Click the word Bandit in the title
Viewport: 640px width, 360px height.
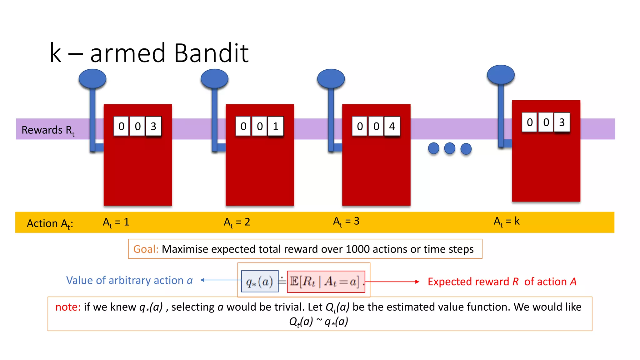pos(211,53)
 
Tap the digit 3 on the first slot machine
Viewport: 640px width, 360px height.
pos(153,126)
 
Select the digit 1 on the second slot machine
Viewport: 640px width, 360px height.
pos(275,126)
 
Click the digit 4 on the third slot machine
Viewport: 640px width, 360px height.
pos(392,126)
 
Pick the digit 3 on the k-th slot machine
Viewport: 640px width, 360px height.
pos(562,122)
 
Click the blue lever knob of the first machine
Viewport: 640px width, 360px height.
pos(92,79)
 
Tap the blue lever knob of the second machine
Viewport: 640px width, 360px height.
pos(214,79)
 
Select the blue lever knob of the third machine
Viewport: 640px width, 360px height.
pos(331,79)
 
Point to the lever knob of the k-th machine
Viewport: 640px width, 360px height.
pos(501,75)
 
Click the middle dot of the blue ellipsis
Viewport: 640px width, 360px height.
pos(450,148)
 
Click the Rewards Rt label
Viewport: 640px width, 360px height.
pos(48,130)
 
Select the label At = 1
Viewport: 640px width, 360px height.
pos(116,222)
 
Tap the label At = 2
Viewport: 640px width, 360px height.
pos(237,222)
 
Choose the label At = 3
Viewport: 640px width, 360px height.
pos(346,221)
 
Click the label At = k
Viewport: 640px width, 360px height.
pos(507,221)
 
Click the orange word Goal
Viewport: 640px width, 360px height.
pos(146,249)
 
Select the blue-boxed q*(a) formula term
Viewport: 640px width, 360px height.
pos(260,282)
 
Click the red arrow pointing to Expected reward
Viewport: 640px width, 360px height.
pos(392,282)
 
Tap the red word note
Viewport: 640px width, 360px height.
pos(68,307)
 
